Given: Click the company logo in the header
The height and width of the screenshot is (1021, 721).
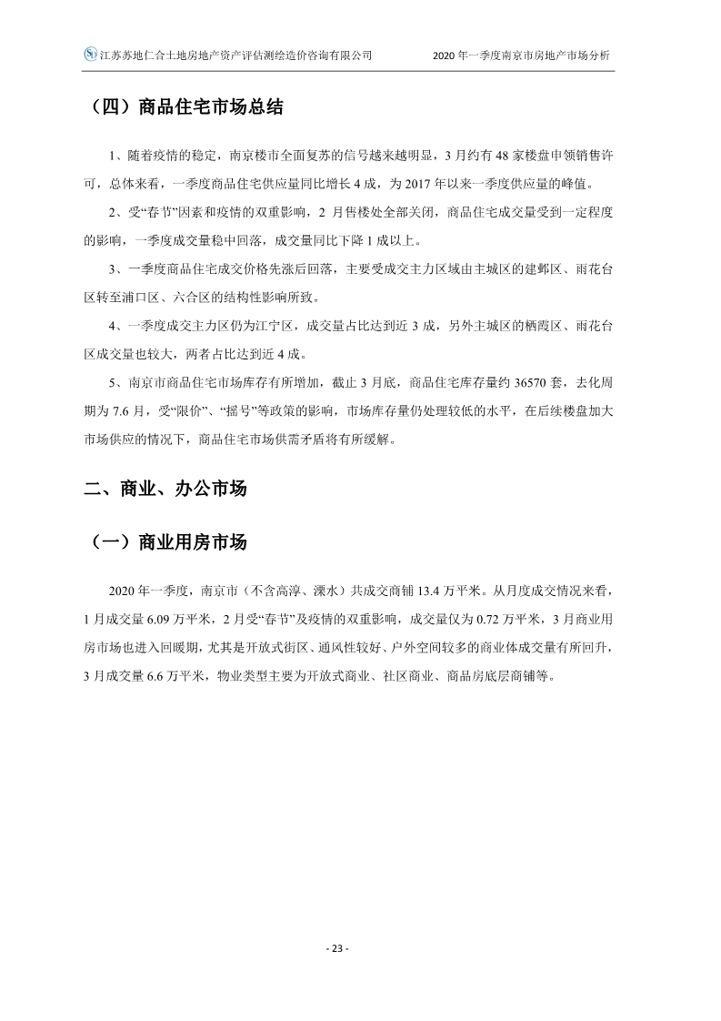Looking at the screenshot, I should pyautogui.click(x=90, y=55).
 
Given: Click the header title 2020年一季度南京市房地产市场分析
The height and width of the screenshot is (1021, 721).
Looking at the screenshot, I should pyautogui.click(x=523, y=56).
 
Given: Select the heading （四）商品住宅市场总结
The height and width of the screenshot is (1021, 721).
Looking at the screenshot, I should pyautogui.click(x=188, y=107).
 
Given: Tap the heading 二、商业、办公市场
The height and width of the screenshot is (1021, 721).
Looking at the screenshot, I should pyautogui.click(x=165, y=489).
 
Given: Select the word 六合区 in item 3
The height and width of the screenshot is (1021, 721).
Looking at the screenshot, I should pyautogui.click(x=204, y=298).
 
